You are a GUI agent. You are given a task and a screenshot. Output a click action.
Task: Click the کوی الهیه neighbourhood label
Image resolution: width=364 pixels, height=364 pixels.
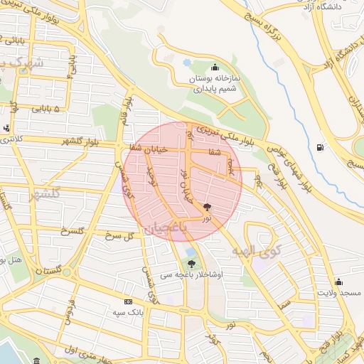pyautogui.click(x=257, y=251)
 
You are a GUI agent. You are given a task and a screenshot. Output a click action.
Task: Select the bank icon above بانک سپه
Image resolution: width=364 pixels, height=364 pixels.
pyautogui.click(x=128, y=301)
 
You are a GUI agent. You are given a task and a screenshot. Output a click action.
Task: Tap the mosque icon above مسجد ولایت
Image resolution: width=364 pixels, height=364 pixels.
pyautogui.click(x=338, y=282)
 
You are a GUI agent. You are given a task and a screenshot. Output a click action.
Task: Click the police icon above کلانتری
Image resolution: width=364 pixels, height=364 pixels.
pyautogui.click(x=6, y=129)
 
